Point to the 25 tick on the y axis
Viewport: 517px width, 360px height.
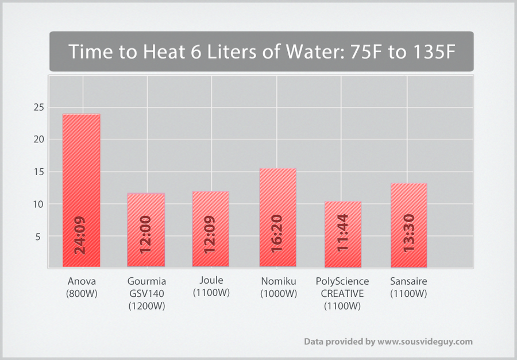38,107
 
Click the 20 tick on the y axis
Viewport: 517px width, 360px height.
38,140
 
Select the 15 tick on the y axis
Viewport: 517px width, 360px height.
38,172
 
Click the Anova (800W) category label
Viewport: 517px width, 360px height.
81,287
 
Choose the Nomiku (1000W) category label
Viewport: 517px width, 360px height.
278,287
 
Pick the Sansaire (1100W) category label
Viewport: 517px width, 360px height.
408,287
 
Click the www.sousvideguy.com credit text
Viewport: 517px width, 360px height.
425,342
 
